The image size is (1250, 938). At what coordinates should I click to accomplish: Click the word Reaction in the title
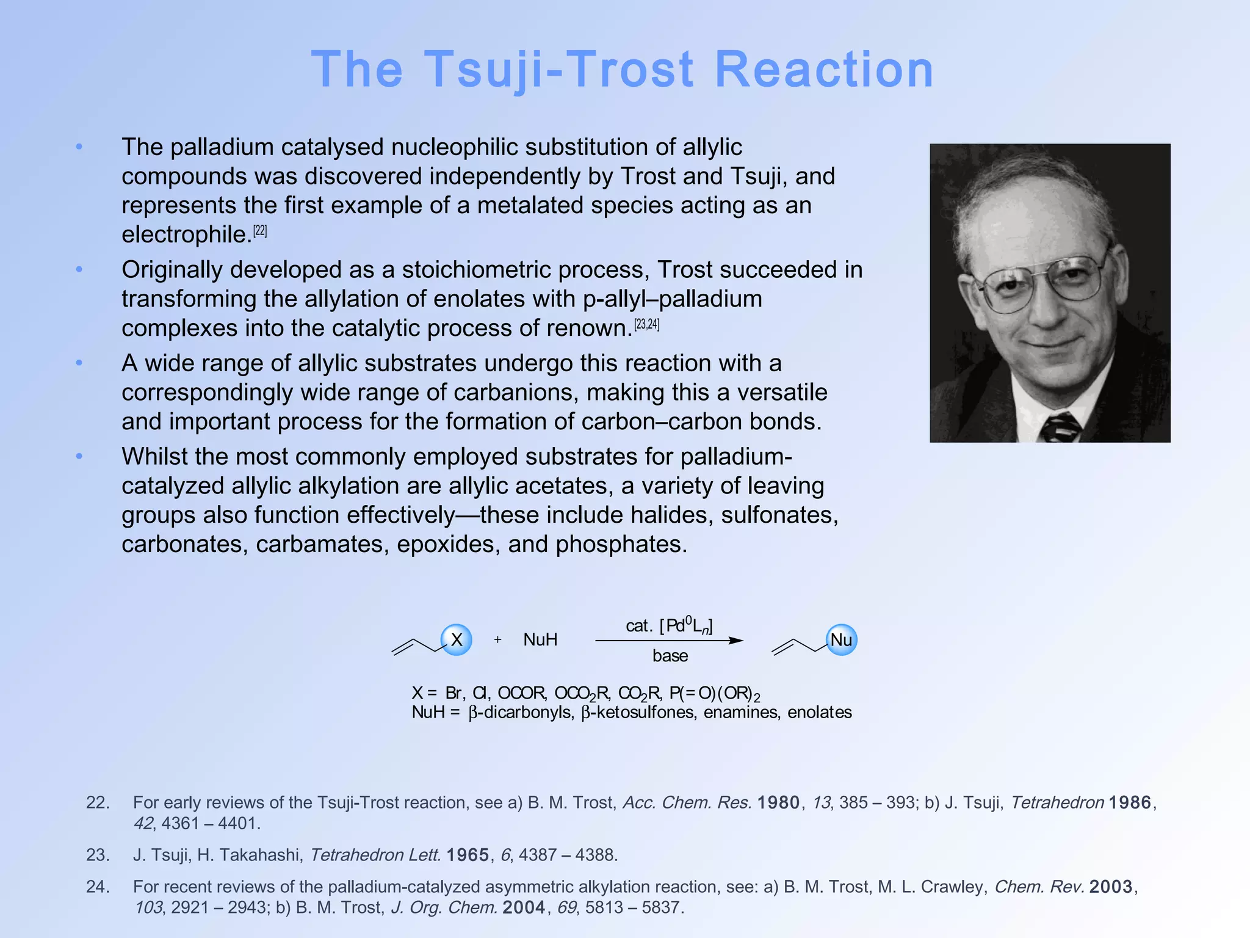tap(823, 69)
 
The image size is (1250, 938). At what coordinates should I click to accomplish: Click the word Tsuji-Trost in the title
tap(558, 69)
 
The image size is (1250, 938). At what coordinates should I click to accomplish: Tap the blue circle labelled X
tap(456, 640)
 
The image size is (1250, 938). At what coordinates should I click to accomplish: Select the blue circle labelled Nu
tap(841, 640)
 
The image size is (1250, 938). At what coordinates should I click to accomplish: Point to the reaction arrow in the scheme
tap(669, 641)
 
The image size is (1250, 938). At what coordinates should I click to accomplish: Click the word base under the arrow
tap(670, 656)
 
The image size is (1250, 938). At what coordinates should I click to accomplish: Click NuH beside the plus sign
tap(540, 640)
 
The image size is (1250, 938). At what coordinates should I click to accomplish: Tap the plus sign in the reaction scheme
tap(498, 640)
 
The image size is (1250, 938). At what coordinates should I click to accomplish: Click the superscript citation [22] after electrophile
tap(260, 231)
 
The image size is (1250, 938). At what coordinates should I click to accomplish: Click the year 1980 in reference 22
tap(778, 802)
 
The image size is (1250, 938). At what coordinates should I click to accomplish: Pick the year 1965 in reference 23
tap(468, 855)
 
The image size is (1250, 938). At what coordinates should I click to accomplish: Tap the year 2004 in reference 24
tap(524, 907)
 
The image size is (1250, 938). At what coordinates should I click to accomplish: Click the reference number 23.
tap(98, 855)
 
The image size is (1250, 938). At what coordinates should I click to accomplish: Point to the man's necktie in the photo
tap(1061, 427)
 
